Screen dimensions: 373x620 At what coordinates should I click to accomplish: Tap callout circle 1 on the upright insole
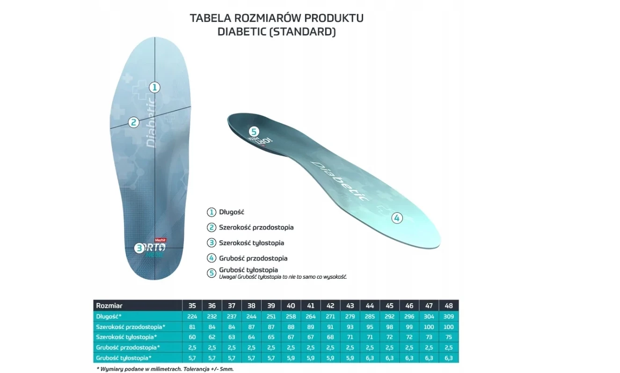(155, 87)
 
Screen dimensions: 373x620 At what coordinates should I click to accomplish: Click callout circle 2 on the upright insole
(134, 122)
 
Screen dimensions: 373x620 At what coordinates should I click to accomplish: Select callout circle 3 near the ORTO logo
(139, 248)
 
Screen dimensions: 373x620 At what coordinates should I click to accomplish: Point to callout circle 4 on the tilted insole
(397, 218)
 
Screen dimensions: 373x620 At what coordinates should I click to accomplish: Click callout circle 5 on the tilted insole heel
(254, 132)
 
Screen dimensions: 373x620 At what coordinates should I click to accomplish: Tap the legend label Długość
(232, 212)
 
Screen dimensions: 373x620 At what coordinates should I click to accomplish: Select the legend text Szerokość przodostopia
(256, 228)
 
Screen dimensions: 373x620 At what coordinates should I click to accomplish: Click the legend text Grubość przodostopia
(253, 258)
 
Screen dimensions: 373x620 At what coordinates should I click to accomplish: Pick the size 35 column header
(192, 306)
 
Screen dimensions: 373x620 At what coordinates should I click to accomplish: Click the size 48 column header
(449, 306)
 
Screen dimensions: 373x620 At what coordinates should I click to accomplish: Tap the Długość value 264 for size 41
(311, 316)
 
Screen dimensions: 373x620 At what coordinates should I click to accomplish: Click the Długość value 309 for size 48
(449, 316)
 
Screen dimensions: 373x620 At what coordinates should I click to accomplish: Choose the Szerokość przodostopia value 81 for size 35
(192, 327)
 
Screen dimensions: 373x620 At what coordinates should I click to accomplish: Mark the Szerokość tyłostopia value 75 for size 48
(449, 337)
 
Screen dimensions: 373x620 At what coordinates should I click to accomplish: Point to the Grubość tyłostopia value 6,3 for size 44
(370, 358)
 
